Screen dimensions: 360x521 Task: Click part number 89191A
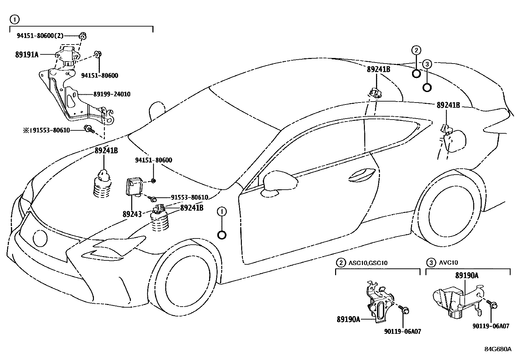click(27, 55)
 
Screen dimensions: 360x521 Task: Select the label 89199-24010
click(112, 94)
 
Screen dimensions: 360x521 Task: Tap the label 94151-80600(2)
click(40, 36)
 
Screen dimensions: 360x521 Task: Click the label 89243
click(132, 214)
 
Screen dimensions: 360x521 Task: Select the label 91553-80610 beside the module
click(189, 198)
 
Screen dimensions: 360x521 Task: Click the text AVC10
click(449, 262)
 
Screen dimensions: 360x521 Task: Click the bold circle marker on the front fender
click(222, 235)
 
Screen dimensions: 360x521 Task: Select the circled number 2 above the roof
click(416, 50)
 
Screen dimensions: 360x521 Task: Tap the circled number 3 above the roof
click(427, 64)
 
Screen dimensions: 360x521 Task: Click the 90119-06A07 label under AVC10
click(491, 326)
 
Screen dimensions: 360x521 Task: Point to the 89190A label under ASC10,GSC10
click(348, 319)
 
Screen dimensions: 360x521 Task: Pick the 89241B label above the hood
click(106, 151)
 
